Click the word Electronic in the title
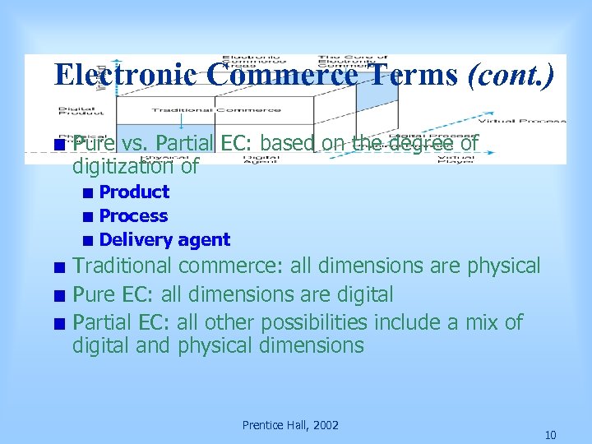pos(125,75)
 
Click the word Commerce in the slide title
pos(281,75)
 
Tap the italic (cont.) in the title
pos(511,75)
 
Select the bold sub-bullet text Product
pos(134,192)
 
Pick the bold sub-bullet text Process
pos(133,216)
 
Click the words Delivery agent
pos(164,240)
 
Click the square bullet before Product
pos(87,193)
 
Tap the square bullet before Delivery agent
pos(87,241)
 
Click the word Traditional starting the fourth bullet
pos(123,266)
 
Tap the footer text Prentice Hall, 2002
pos(290,425)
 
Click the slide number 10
pos(550,435)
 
